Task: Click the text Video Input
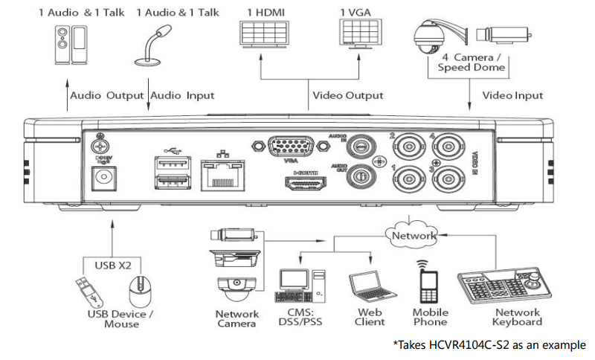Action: pos(512,95)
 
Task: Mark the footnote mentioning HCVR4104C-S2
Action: pos(489,345)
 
